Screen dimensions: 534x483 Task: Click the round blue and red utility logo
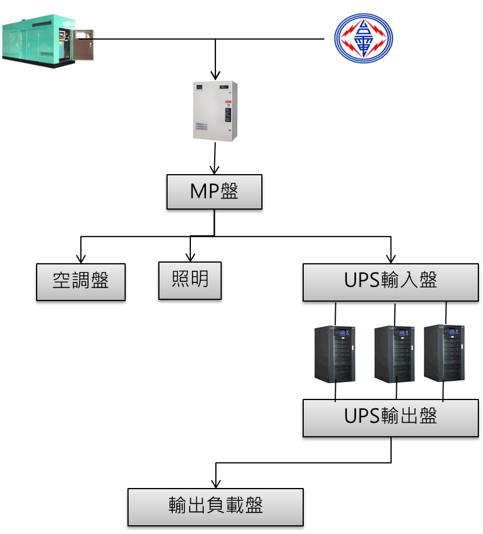364,39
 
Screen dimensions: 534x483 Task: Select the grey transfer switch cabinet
215,111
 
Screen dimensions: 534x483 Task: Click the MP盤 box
214,192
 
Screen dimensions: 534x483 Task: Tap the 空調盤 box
81,282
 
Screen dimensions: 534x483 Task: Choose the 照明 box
190,281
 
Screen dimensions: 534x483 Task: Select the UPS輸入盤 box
390,282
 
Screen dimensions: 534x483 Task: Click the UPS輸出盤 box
390,418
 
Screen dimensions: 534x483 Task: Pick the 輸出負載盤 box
215,507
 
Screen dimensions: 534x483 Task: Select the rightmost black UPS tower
443,353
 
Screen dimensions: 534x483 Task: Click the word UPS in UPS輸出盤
362,416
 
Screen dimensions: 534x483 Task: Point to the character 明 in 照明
198,280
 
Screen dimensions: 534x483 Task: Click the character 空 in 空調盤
62,281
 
